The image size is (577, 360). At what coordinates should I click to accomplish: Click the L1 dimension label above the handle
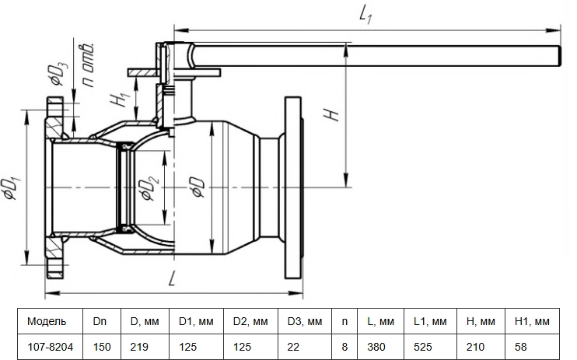point(365,16)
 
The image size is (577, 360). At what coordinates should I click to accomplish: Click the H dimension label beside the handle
point(331,114)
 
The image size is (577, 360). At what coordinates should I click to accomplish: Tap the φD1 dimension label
point(13,188)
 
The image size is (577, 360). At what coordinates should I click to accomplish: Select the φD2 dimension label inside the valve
point(151,188)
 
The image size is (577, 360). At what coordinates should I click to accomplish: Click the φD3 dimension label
point(60,72)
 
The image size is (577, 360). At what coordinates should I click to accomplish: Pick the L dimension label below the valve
point(172,279)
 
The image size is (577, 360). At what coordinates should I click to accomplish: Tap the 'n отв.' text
point(89,65)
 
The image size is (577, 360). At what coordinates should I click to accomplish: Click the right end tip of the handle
point(560,56)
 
